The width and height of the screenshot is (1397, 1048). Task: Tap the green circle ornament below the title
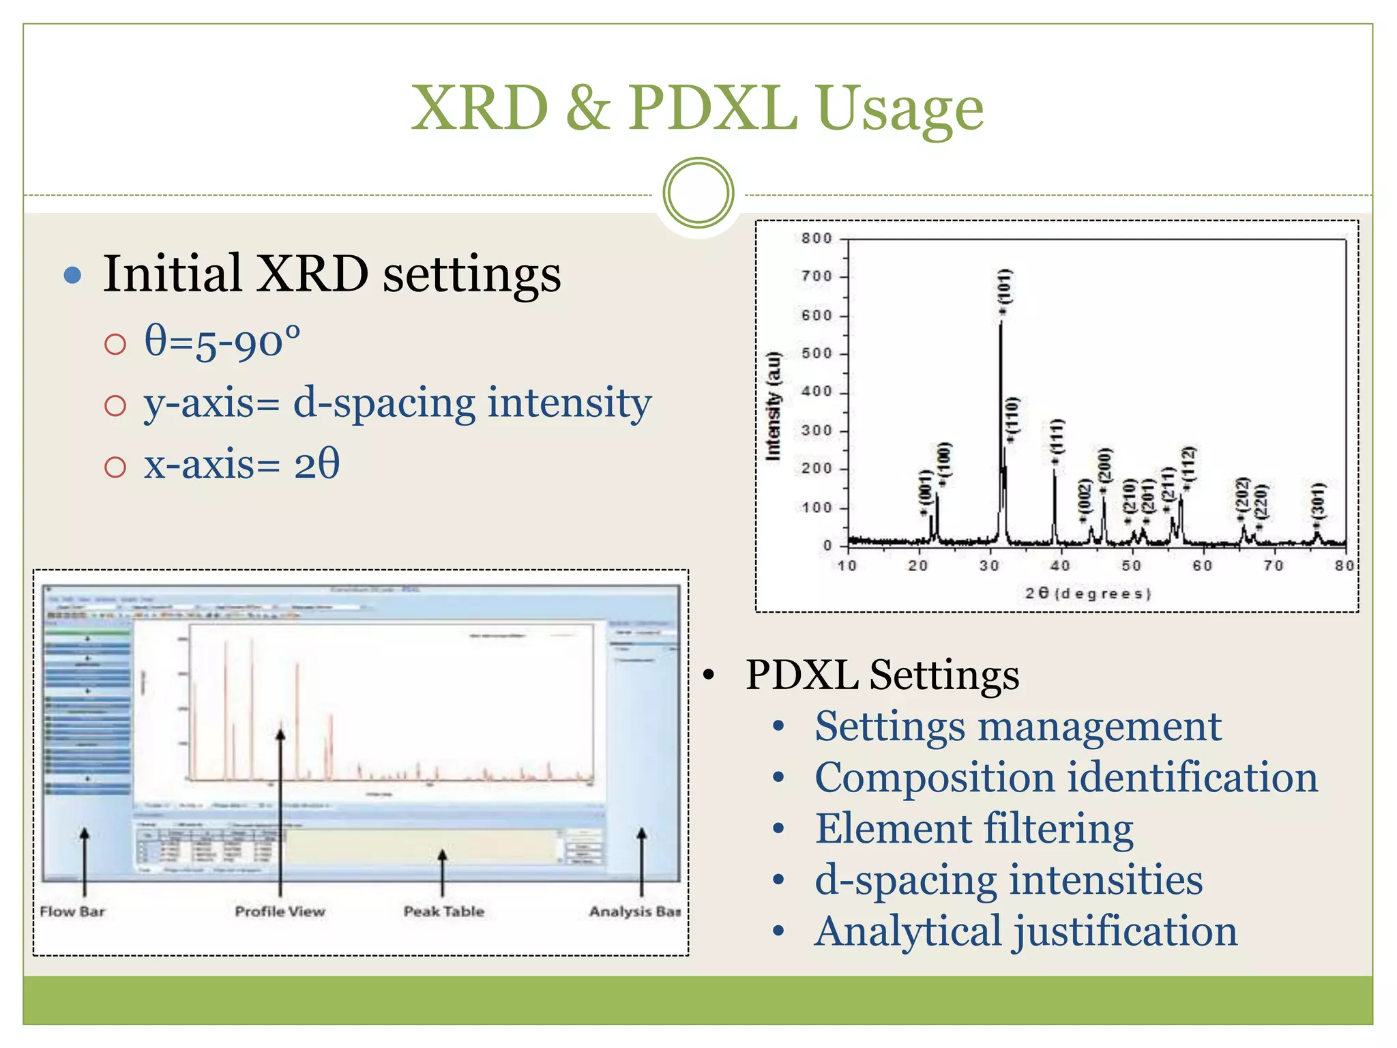pyautogui.click(x=698, y=193)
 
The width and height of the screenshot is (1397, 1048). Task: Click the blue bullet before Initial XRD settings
pyautogui.click(x=72, y=276)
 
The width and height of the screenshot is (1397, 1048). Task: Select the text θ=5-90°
pyautogui.click(x=222, y=341)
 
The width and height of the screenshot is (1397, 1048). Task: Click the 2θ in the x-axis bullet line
pyautogui.click(x=317, y=465)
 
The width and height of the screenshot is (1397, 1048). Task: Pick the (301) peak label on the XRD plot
pyautogui.click(x=1318, y=502)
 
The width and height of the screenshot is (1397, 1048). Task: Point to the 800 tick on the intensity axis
pyautogui.click(x=816, y=238)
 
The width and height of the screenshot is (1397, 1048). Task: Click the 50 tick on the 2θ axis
pyautogui.click(x=1131, y=566)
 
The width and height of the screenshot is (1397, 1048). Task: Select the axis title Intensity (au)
pyautogui.click(x=773, y=407)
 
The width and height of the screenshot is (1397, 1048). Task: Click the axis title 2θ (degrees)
pyautogui.click(x=1088, y=593)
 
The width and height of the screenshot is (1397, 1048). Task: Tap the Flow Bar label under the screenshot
pyautogui.click(x=72, y=912)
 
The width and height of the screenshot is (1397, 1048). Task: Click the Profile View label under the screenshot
pyautogui.click(x=280, y=912)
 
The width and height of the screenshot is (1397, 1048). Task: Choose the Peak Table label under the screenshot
pyautogui.click(x=443, y=912)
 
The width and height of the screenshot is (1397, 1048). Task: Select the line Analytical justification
pyautogui.click(x=1025, y=931)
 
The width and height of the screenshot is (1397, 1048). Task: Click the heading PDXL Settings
pyautogui.click(x=882, y=675)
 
